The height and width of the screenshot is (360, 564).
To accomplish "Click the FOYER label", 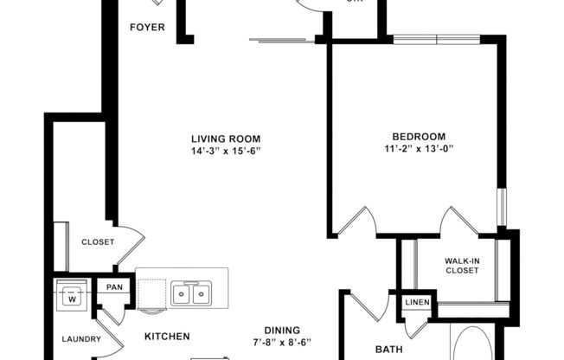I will tap(147, 27).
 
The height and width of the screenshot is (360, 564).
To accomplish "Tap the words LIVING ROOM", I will tap(226, 138).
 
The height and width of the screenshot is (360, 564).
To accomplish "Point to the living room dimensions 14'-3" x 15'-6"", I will tap(226, 151).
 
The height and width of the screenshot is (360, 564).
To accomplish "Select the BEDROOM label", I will tap(419, 136).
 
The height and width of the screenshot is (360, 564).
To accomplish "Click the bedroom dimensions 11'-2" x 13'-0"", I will tap(419, 148).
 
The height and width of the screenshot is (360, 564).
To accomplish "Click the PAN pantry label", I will tap(114, 287).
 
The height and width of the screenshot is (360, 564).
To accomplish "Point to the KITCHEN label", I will tap(167, 337).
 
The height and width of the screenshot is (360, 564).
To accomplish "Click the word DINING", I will tap(282, 330).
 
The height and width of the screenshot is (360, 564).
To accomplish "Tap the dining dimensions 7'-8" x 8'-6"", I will tap(282, 342).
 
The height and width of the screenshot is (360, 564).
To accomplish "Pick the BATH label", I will tap(388, 350).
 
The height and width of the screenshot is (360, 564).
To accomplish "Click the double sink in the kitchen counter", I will tap(190, 293).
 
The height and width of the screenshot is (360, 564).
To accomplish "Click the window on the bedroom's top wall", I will tap(437, 39).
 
